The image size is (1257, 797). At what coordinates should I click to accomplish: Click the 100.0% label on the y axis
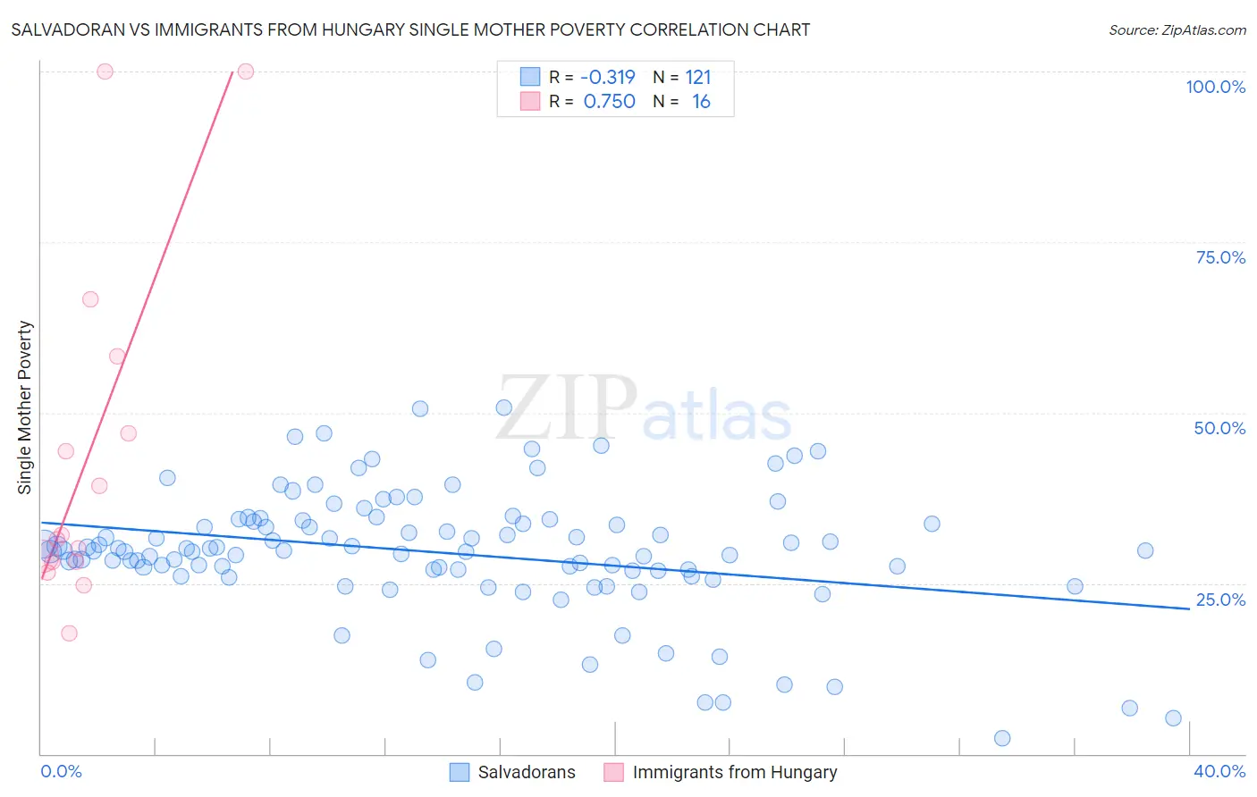click(x=1215, y=87)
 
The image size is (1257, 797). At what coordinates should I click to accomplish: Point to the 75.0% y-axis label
click(x=1220, y=257)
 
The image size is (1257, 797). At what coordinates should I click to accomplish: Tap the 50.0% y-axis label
click(x=1219, y=428)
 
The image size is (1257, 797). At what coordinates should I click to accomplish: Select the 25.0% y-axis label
click(x=1220, y=600)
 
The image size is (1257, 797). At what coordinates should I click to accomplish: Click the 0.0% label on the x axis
click(x=61, y=771)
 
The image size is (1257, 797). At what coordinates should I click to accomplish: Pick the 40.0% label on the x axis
click(x=1219, y=771)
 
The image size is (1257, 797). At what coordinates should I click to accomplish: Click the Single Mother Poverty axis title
click(x=25, y=407)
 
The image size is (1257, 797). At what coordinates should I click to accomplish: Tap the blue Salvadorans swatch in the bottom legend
click(x=460, y=772)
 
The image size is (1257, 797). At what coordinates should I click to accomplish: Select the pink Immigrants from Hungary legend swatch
click(x=613, y=772)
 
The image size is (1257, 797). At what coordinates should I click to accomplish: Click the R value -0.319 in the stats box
click(x=608, y=77)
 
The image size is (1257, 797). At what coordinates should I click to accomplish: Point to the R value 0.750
click(x=609, y=102)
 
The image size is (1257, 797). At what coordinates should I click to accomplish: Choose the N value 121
click(x=698, y=77)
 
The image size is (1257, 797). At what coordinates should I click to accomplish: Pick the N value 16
click(x=701, y=102)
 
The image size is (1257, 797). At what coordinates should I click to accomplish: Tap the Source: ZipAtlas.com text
click(x=1177, y=29)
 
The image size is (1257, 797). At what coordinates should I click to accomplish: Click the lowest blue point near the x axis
click(x=1002, y=738)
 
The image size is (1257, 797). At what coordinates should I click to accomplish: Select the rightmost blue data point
click(x=1173, y=718)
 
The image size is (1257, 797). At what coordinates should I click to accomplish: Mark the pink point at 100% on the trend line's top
click(x=246, y=71)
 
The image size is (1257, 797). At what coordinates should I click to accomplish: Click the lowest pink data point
click(x=69, y=633)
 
